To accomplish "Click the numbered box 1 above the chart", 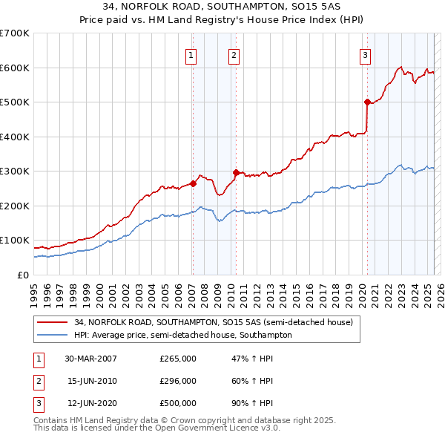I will tap(191, 54).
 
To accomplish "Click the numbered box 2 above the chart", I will tap(234, 54).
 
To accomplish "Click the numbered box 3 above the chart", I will tap(366, 54).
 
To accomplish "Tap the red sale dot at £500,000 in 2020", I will tap(367, 102).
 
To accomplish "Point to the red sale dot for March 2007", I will tap(193, 183).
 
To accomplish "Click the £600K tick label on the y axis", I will tap(14, 68).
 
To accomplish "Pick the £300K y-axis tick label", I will tap(14, 171).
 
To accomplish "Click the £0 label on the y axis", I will tap(23, 275).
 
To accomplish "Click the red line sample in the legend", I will tap(53, 322).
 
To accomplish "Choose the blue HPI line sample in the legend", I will tap(53, 335).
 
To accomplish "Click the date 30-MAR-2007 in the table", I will tap(90, 359).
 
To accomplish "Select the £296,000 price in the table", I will tap(177, 381).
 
